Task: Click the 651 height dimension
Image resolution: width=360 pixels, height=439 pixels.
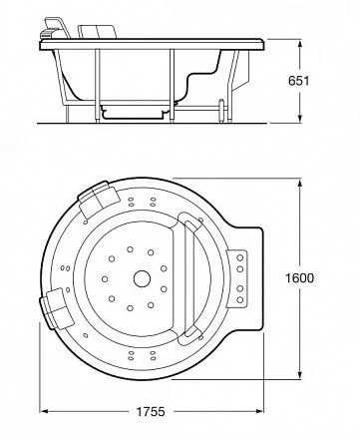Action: click(298, 81)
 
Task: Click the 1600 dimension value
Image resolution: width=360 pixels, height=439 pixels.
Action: click(299, 277)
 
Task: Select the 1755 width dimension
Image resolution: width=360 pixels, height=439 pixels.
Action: click(151, 412)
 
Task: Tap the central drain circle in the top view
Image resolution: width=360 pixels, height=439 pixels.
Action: click(142, 278)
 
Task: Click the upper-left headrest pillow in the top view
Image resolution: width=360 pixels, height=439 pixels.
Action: click(99, 199)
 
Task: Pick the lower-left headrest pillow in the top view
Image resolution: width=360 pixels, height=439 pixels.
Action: click(57, 308)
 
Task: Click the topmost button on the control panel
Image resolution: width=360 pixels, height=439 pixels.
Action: click(240, 257)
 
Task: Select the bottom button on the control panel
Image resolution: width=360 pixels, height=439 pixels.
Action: click(240, 299)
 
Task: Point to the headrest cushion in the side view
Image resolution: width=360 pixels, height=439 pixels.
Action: click(98, 32)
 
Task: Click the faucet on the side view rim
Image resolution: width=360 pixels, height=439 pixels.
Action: click(55, 28)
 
